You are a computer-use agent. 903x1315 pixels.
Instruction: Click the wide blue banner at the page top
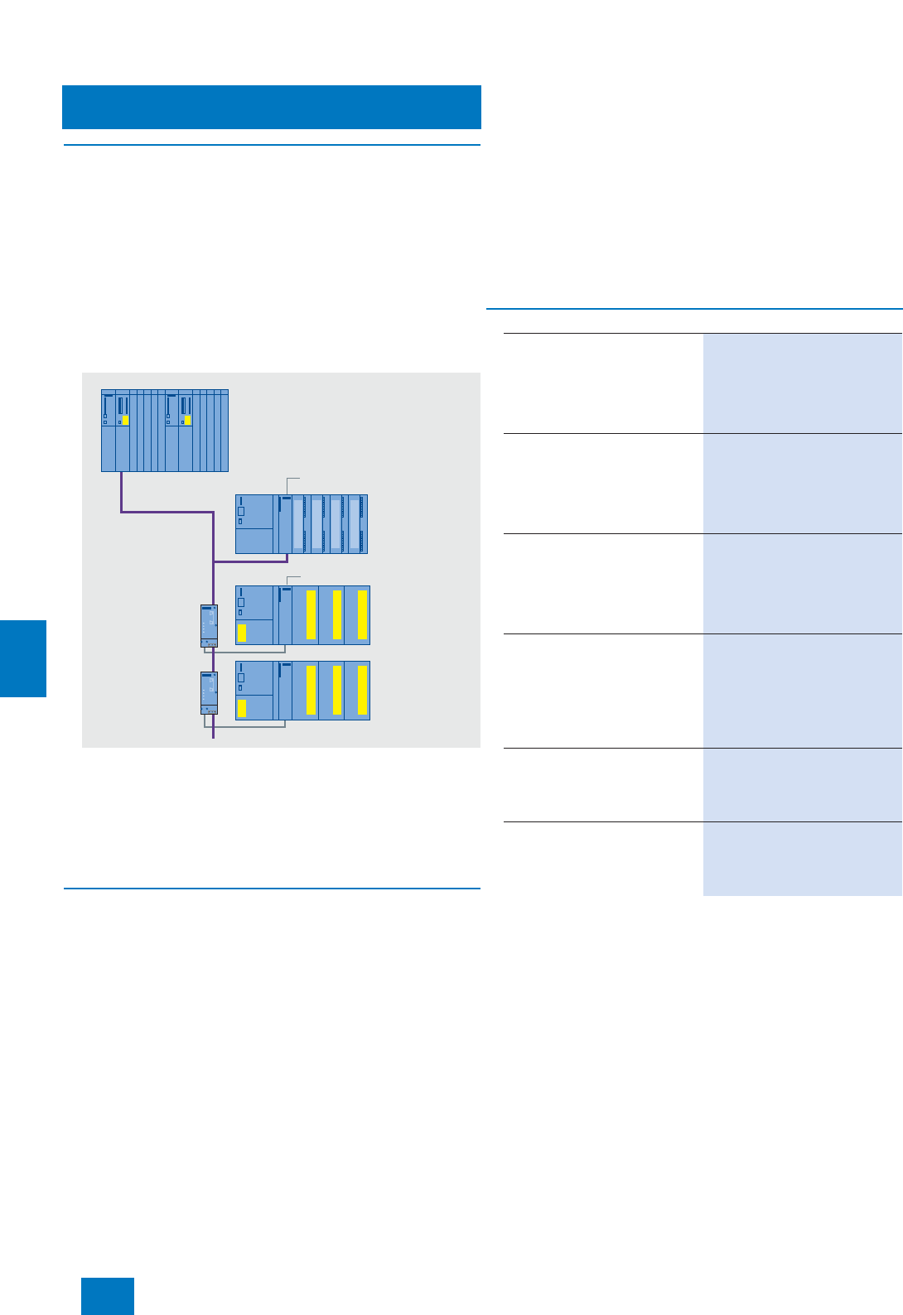[272, 107]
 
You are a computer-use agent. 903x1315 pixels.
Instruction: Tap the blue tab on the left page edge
[23, 658]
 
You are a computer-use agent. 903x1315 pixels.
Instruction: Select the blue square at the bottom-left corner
[108, 1296]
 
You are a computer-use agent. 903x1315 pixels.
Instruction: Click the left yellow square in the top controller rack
[125, 421]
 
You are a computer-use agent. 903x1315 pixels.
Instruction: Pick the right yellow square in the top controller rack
[188, 421]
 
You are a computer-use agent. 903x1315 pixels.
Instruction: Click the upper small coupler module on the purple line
[209, 626]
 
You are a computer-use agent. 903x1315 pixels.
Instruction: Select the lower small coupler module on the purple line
[209, 693]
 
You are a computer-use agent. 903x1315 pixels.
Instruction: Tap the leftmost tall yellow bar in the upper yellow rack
[311, 614]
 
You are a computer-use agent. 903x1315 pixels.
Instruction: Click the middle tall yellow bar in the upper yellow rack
[337, 614]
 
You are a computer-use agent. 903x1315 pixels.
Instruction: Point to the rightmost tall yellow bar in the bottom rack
[362, 690]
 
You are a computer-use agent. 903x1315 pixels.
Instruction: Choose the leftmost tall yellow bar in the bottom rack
[311, 690]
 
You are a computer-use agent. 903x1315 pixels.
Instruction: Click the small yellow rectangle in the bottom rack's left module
[242, 708]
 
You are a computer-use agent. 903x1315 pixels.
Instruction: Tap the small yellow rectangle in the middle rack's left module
[242, 633]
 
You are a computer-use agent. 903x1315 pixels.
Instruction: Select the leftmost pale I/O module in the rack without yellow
[298, 524]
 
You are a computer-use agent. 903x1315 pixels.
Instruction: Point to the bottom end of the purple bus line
[214, 735]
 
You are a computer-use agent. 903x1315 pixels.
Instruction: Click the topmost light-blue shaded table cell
[802, 383]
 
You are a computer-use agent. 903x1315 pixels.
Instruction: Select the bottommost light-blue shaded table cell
[802, 859]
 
